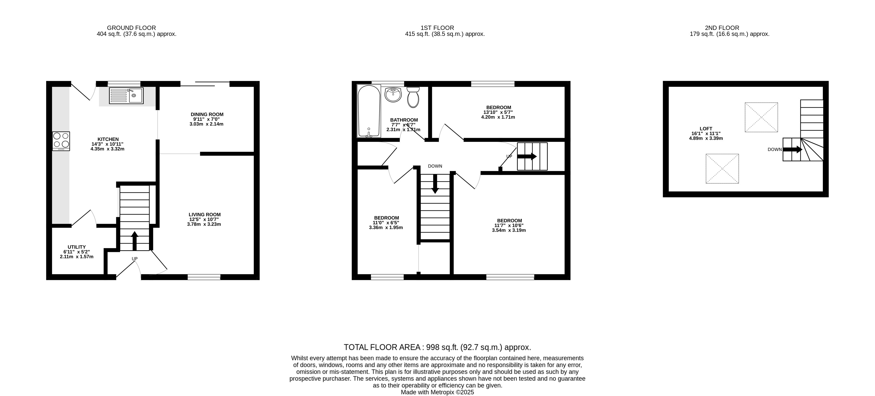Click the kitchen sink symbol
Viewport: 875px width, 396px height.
[x=126, y=95]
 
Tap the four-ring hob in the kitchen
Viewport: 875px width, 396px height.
[x=61, y=141]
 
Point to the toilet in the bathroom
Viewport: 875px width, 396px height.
[x=413, y=97]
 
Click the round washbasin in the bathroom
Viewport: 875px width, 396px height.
[x=393, y=94]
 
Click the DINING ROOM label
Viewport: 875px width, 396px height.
[x=207, y=114]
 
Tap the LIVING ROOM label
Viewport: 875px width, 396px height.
[x=205, y=215]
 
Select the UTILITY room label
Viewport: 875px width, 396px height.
[x=77, y=247]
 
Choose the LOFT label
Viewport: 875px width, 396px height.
[x=706, y=129]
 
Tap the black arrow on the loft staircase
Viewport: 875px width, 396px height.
[x=792, y=149]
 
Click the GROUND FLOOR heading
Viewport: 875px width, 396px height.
[x=131, y=28]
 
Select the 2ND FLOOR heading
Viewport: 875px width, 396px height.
[x=722, y=28]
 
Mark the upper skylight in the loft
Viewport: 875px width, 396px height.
[x=761, y=117]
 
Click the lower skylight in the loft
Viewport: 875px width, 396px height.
[x=722, y=169]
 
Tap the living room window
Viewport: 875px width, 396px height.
[x=204, y=277]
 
